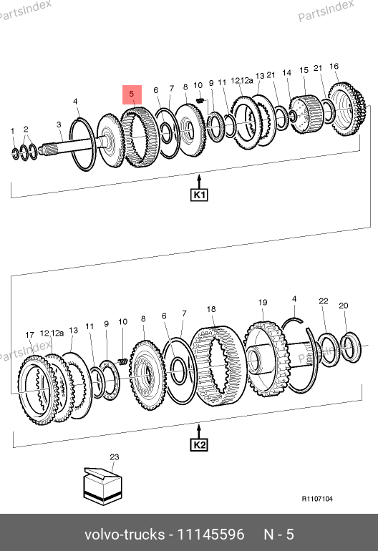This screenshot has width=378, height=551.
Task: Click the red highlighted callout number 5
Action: (x=132, y=94)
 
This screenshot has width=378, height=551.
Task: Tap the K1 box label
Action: (x=199, y=195)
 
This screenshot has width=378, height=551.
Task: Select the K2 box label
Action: (x=199, y=445)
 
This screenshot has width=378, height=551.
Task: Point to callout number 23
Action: (x=115, y=457)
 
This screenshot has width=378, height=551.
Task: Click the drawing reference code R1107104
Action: (x=317, y=499)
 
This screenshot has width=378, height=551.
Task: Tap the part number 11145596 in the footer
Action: (x=210, y=535)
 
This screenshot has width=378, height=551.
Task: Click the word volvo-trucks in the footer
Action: (x=125, y=535)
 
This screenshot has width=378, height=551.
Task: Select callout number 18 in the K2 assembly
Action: (x=211, y=309)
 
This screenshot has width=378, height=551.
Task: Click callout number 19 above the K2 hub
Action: (x=263, y=302)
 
